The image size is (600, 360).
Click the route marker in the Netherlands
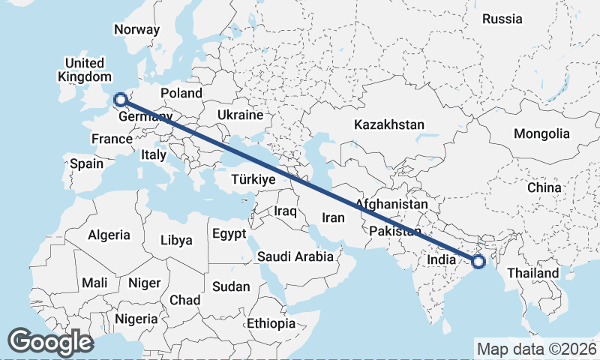119,98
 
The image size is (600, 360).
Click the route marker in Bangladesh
478,261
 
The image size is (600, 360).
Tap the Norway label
136,30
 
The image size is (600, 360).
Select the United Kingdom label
84,70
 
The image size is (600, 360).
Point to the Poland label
181,93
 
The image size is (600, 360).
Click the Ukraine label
240,115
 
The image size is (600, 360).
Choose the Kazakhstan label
390,124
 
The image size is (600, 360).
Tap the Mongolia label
541,134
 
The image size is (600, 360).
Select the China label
544,187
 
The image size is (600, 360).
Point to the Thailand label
533,273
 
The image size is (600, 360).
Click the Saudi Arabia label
295,256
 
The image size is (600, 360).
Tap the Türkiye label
254,180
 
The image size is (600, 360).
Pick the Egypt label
229,233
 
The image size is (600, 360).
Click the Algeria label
109,235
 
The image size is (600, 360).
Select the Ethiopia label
271,324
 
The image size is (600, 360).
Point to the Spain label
86,163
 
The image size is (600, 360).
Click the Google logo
51,342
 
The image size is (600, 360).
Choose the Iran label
332,218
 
